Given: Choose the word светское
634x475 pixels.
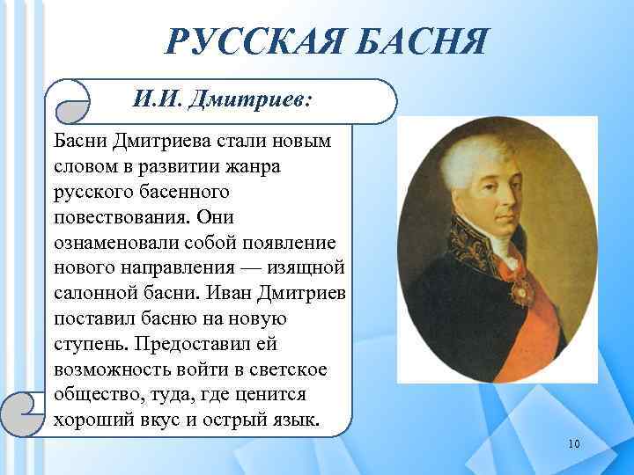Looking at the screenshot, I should click(x=295, y=368).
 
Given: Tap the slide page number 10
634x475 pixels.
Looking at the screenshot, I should click(x=574, y=443).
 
